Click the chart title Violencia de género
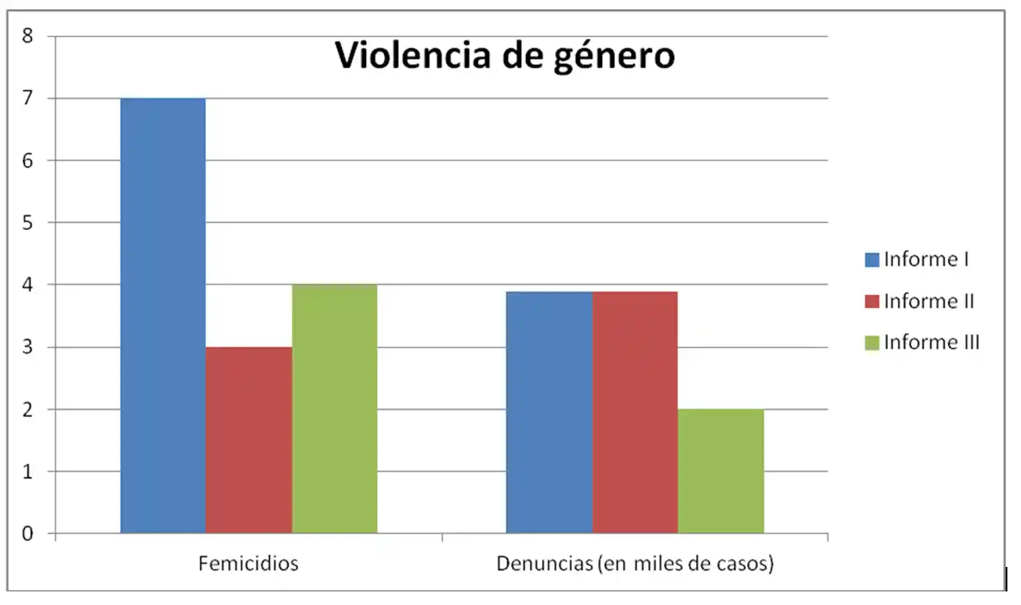pyautogui.click(x=505, y=57)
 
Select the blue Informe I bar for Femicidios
pyautogui.click(x=163, y=316)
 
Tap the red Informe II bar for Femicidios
pyautogui.click(x=249, y=440)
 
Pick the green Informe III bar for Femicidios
pyautogui.click(x=335, y=409)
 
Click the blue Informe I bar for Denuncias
pyautogui.click(x=549, y=412)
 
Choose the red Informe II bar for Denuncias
pyautogui.click(x=634, y=412)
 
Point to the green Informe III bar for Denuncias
pyautogui.click(x=720, y=471)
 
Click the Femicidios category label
pyautogui.click(x=248, y=564)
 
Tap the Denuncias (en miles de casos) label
pyautogui.click(x=634, y=564)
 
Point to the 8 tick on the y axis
pyautogui.click(x=28, y=36)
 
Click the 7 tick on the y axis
pyautogui.click(x=28, y=99)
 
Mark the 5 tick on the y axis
pyautogui.click(x=28, y=223)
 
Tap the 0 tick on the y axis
pyautogui.click(x=28, y=534)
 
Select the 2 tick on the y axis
pyautogui.click(x=28, y=410)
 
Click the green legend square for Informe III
pyautogui.click(x=872, y=343)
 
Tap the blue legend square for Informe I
pyautogui.click(x=872, y=260)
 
